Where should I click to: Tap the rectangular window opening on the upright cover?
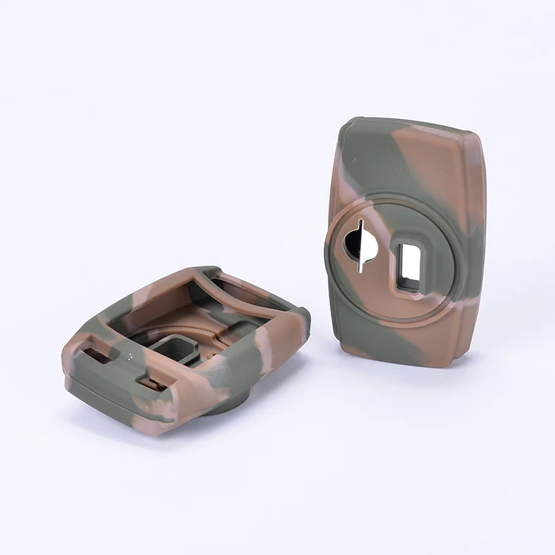[408, 266]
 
